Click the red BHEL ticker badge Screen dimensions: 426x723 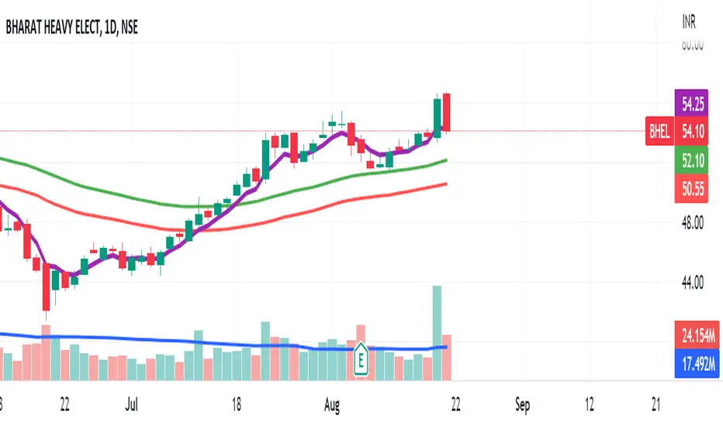[659, 132]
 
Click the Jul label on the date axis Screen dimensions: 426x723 [133, 404]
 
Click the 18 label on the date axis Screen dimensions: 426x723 [237, 404]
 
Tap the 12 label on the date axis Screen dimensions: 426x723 [590, 404]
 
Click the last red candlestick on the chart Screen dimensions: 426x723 [447, 112]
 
